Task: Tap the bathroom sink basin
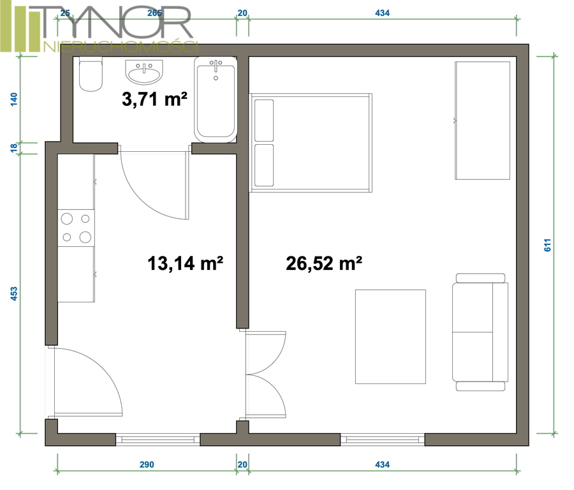point(144,72)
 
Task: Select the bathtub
point(216,100)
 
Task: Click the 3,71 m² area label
point(154,100)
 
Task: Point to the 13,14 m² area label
point(185,263)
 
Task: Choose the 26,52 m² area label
point(324,263)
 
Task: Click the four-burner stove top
point(76,228)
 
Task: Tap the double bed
point(311,143)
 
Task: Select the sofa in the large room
point(480,332)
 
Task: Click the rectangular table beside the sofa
point(390,336)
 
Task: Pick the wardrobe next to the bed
point(483,121)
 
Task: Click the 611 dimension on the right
point(547,245)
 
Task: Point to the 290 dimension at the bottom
point(147,464)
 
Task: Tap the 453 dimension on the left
point(13,293)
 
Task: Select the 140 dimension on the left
point(13,100)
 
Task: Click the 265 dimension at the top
point(154,13)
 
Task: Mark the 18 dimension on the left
point(13,148)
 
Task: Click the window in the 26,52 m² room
point(383,439)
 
